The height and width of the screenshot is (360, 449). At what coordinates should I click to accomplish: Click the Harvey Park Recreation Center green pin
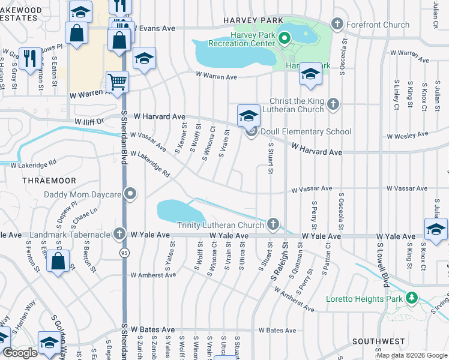click(285, 38)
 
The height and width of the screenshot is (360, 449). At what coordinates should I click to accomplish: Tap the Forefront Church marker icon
click(337, 25)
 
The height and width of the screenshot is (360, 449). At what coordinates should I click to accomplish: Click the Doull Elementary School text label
click(306, 131)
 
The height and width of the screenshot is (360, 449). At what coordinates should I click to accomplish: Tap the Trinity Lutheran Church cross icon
click(273, 225)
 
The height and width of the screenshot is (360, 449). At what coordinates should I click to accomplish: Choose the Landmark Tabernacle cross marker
click(120, 234)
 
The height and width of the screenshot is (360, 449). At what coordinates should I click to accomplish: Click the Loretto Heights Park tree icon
click(412, 298)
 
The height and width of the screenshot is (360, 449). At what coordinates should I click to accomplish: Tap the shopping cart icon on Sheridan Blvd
click(118, 82)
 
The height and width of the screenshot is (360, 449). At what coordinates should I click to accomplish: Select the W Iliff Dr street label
click(89, 121)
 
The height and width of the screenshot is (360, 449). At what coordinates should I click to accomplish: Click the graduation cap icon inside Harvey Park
click(310, 74)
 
